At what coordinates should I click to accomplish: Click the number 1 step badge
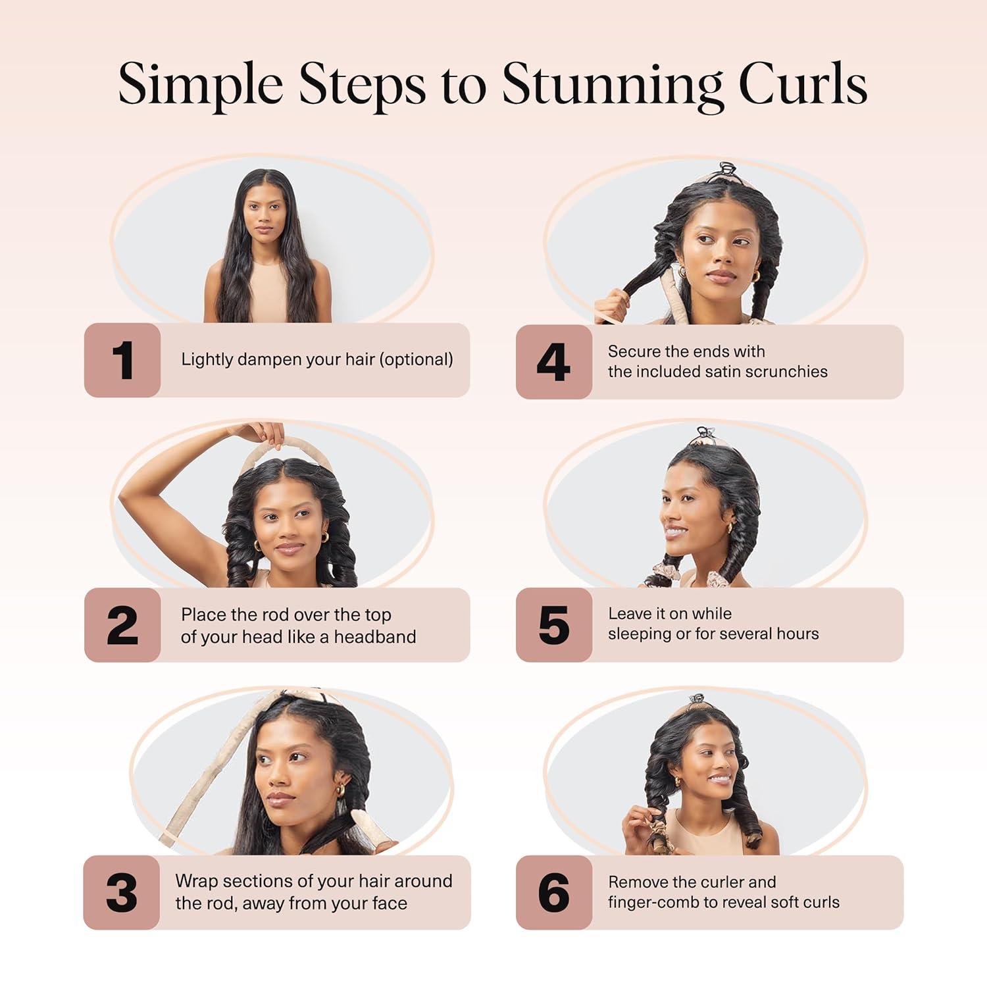[x=122, y=360]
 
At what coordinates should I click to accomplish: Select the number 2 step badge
[x=122, y=625]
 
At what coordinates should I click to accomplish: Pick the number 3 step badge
[x=122, y=893]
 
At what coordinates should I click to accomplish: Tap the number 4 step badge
[x=553, y=362]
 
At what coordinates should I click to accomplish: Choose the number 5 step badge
[x=553, y=625]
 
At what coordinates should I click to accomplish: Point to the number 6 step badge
[x=553, y=893]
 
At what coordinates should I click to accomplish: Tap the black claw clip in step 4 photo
[x=726, y=170]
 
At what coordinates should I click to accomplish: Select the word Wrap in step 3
[x=196, y=881]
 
